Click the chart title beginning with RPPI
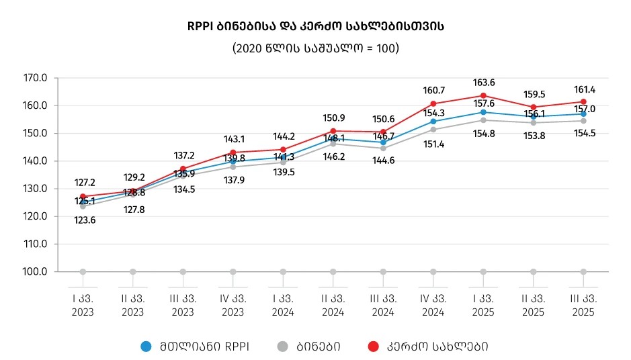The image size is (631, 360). [315, 27]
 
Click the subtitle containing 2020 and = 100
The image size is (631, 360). [315, 48]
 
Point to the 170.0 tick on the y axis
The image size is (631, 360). [35, 78]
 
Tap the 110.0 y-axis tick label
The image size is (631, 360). [35, 244]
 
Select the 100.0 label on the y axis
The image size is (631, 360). [35, 272]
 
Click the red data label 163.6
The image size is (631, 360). [484, 83]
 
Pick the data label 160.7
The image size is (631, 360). [433, 90]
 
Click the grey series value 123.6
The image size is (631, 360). [84, 220]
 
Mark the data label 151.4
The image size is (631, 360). [433, 144]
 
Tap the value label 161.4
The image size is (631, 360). [583, 89]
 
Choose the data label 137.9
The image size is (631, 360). [234, 180]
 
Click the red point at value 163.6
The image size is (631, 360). [483, 95]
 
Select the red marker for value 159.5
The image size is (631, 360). [534, 107]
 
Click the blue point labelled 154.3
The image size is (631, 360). [433, 122]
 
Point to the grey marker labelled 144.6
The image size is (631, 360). [383, 148]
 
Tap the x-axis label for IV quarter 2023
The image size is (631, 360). [233, 305]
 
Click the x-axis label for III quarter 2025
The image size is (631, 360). [583, 305]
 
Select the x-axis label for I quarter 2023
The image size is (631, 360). [83, 305]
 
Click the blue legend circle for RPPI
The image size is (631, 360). [146, 347]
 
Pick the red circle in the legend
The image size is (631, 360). [373, 347]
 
